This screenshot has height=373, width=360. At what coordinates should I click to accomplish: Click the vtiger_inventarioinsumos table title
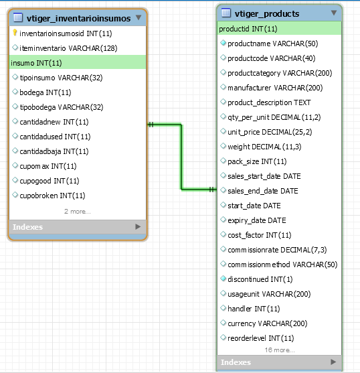click(x=79, y=18)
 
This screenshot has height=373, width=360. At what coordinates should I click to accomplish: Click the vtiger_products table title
click(x=267, y=14)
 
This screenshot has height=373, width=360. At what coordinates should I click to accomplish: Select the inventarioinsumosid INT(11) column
click(x=66, y=33)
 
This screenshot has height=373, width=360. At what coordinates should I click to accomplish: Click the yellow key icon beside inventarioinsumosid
click(x=15, y=33)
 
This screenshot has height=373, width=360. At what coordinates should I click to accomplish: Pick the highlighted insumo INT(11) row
click(x=78, y=62)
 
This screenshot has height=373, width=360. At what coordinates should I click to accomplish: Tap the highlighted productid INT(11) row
click(x=279, y=29)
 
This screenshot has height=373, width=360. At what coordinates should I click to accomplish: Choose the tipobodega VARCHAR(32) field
click(x=62, y=107)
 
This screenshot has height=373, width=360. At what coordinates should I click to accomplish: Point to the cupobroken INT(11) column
click(x=52, y=196)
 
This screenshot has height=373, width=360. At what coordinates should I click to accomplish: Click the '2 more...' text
click(x=78, y=211)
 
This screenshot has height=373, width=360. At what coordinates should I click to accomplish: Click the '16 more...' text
click(x=280, y=350)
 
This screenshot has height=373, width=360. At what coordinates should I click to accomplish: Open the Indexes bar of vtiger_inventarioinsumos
click(x=78, y=227)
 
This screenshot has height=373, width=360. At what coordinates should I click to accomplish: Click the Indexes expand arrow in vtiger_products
click(x=333, y=362)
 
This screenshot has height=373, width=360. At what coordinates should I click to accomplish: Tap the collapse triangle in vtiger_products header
click(x=334, y=13)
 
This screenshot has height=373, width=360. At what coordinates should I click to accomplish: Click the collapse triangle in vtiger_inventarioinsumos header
click(x=139, y=17)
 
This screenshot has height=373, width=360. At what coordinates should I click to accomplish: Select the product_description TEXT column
click(x=269, y=102)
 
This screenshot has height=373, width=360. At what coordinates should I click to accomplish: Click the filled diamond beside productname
click(x=223, y=43)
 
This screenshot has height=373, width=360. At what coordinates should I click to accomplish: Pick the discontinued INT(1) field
click(x=260, y=279)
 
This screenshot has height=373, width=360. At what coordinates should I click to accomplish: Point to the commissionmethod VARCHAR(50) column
click(x=282, y=265)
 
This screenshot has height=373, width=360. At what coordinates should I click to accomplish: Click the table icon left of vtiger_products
click(x=226, y=13)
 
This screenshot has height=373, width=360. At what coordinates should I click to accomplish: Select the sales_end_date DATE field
click(x=263, y=191)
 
